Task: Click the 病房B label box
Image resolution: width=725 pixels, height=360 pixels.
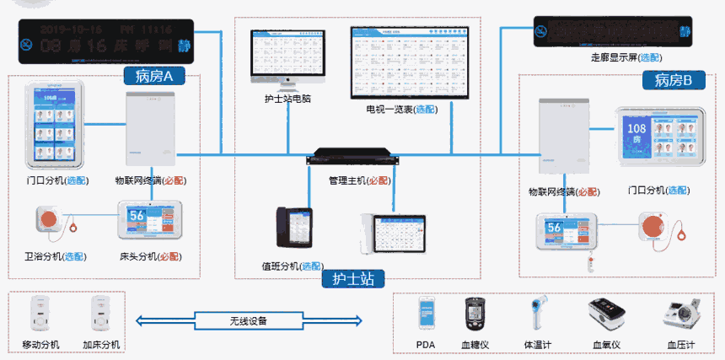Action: click(673, 80)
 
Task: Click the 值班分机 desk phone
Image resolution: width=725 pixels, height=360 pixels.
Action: click(294, 233)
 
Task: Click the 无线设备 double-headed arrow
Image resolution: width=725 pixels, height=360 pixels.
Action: click(250, 320)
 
